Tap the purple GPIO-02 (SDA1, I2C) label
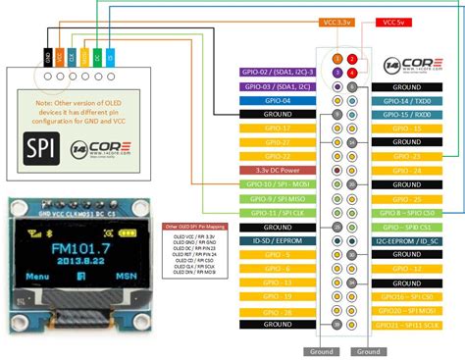tap(279, 73)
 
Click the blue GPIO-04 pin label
tap(279, 100)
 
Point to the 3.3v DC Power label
tap(279, 171)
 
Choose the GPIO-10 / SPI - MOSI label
tap(279, 184)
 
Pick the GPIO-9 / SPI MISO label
tap(279, 198)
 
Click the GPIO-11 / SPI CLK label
tap(279, 212)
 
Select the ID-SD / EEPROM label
tap(279, 240)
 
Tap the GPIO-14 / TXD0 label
tap(410, 100)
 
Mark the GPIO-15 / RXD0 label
tap(410, 114)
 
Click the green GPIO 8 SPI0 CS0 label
tap(410, 212)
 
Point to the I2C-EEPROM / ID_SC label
tap(410, 240)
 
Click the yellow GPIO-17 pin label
tap(279, 129)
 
